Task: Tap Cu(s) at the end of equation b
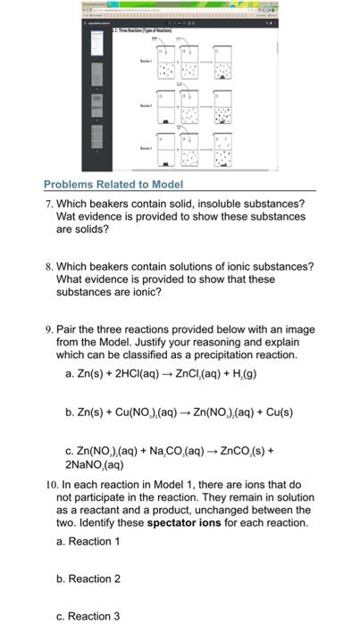tap(275, 412)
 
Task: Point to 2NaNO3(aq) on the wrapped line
tap(95, 464)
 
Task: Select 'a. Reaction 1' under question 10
tap(88, 541)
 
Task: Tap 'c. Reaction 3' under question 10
tap(88, 616)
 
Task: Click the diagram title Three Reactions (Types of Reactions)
tap(143, 31)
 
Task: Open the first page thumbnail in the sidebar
tap(96, 49)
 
